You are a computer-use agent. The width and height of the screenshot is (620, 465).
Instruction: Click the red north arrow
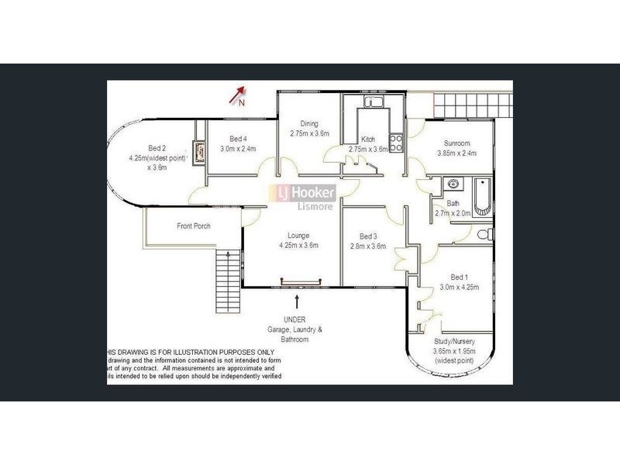click(236, 96)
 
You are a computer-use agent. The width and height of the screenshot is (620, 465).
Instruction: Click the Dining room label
click(309, 123)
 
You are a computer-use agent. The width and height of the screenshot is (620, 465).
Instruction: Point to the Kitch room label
click(367, 139)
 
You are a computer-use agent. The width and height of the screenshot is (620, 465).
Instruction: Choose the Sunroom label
click(456, 143)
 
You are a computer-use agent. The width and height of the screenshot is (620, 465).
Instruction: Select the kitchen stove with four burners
click(395, 143)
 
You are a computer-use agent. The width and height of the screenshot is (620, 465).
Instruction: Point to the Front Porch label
click(193, 226)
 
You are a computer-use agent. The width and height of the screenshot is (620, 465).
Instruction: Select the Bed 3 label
click(368, 236)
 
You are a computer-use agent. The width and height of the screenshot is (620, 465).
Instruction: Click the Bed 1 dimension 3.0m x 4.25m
click(460, 287)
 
